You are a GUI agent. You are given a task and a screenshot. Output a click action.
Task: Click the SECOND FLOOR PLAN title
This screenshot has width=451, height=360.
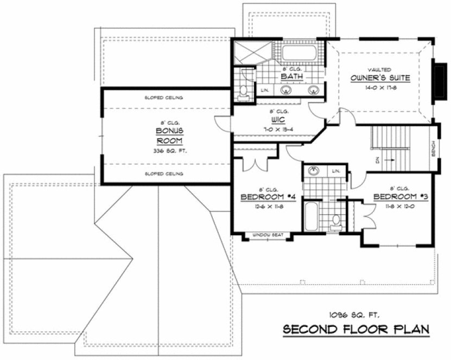pos(355,329)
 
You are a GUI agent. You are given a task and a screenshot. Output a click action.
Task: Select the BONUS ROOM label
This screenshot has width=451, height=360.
pos(169,136)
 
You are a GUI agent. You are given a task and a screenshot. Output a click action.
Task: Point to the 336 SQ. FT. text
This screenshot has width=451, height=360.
pos(169,151)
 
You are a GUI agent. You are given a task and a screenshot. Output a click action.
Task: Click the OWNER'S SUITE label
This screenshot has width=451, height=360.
pos(379,79)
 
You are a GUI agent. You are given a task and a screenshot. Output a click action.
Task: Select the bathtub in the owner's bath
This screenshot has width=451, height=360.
pos(299,53)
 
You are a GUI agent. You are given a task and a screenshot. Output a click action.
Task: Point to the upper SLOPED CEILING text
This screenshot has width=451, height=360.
pos(164,98)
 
